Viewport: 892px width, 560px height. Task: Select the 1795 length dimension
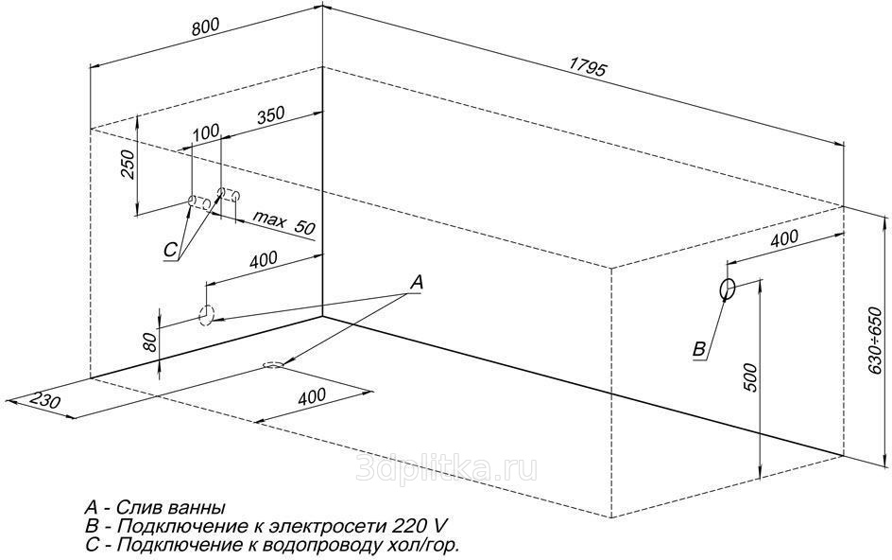click(589, 68)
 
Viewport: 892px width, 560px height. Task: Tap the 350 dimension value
click(270, 115)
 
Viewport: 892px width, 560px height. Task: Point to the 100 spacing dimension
click(205, 132)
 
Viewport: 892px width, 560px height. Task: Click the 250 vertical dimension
click(129, 165)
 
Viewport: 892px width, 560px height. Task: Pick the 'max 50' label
click(283, 222)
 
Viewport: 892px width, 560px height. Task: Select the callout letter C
click(171, 250)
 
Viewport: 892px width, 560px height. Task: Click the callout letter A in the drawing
click(417, 282)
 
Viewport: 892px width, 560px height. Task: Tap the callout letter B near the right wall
click(699, 349)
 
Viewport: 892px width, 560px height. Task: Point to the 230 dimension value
click(44, 399)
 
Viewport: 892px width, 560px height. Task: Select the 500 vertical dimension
click(751, 377)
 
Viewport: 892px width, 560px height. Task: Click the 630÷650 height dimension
click(875, 341)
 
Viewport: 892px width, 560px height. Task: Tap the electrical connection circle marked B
click(727, 289)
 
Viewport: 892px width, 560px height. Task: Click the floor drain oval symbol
click(274, 364)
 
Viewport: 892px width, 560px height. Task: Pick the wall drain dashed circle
click(207, 314)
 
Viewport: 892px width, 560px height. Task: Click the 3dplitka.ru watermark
click(446, 469)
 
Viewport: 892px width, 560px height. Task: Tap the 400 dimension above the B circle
click(784, 238)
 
